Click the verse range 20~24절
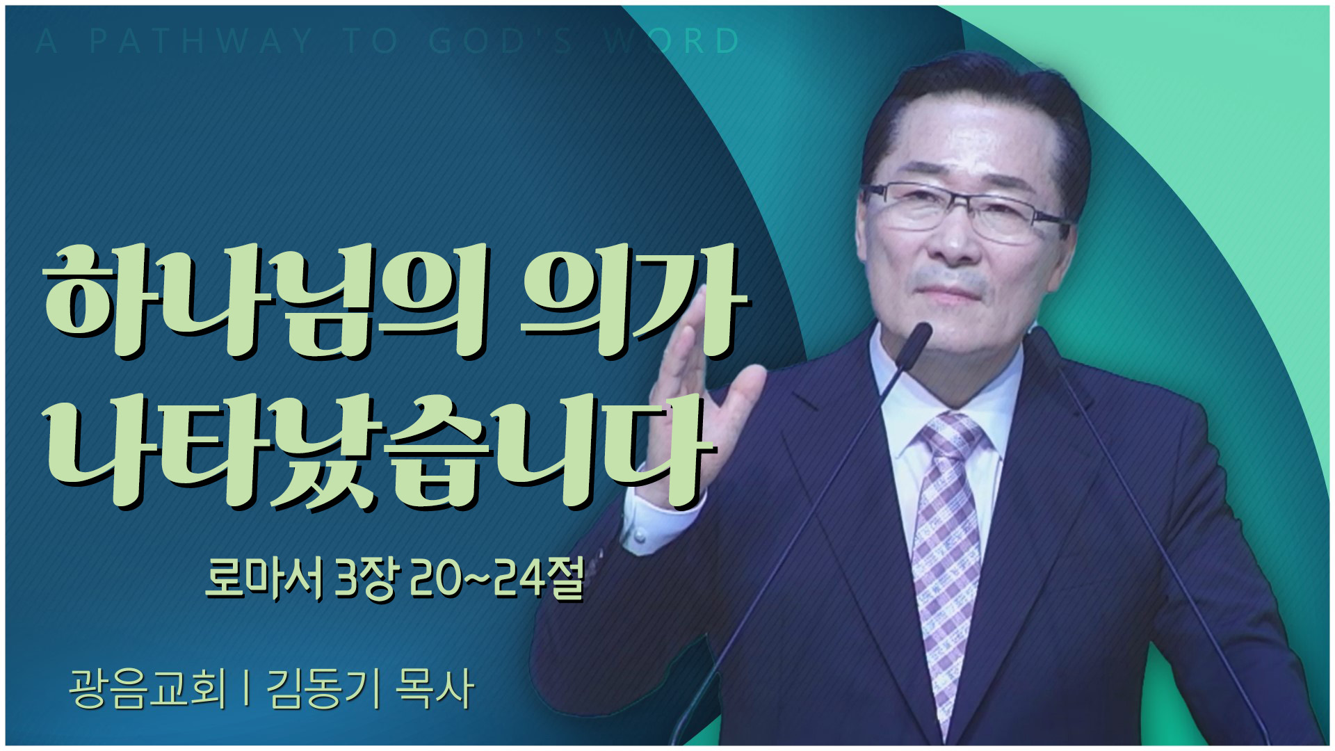click(496, 579)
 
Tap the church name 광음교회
click(147, 688)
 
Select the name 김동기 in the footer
click(324, 688)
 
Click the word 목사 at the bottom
click(435, 688)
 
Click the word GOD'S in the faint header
click(501, 41)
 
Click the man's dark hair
click(973, 104)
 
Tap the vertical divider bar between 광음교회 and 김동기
click(247, 688)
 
